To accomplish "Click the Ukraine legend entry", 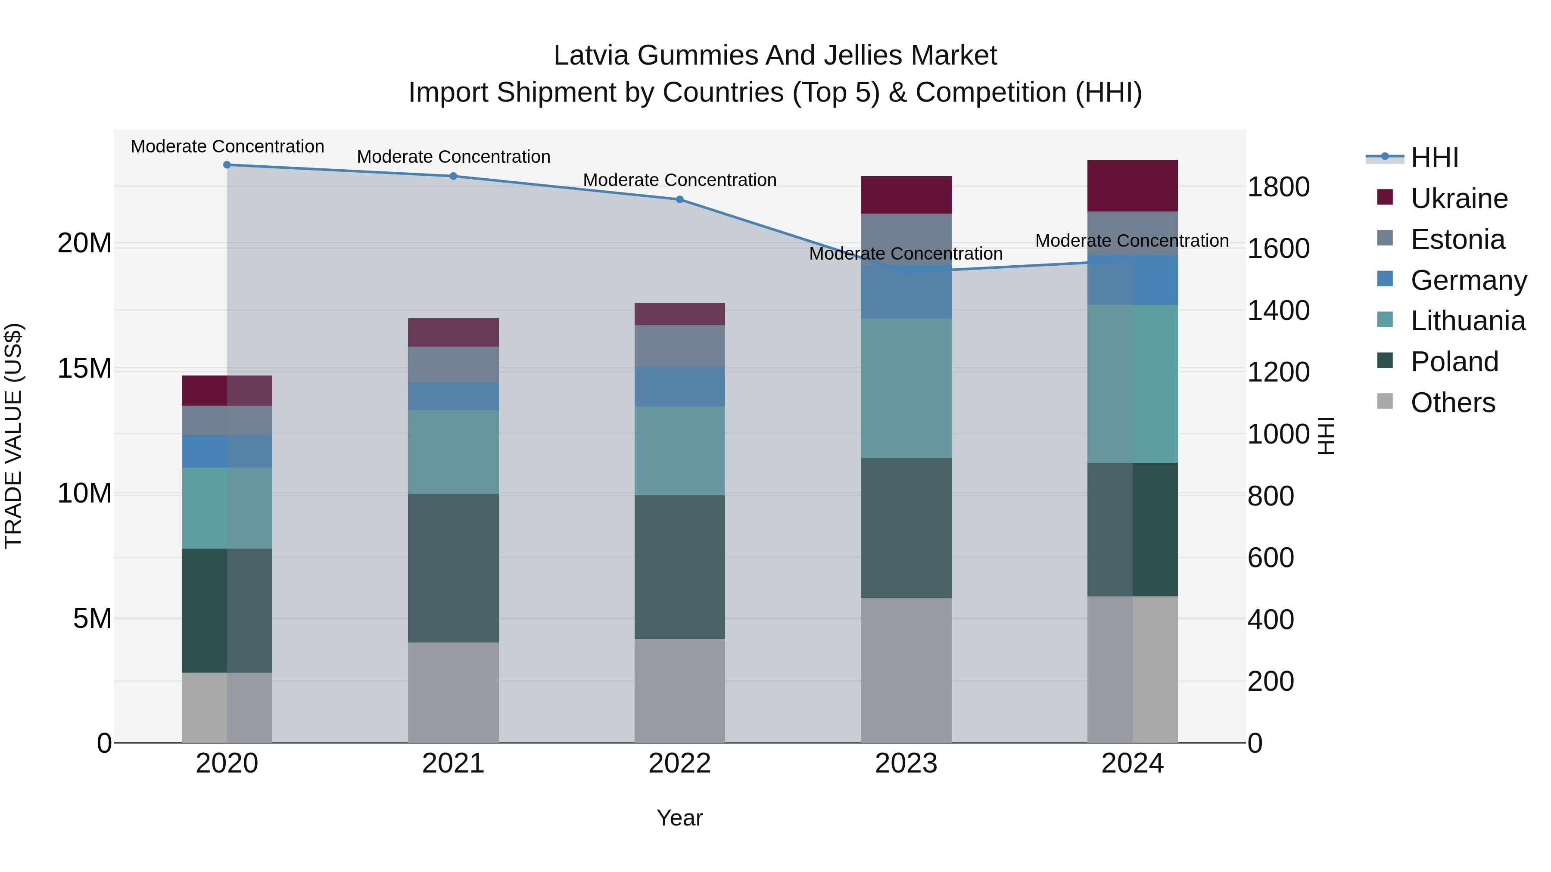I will (1458, 199).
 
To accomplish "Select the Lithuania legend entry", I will (1467, 321).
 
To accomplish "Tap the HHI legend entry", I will (1434, 158).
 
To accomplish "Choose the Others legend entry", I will (1452, 403).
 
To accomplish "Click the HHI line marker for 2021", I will (453, 176).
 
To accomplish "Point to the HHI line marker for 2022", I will (680, 199).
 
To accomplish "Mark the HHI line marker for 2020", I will (227, 165).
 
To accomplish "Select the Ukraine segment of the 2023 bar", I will (906, 195).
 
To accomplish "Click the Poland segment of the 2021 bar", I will (453, 568).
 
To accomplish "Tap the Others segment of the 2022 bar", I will (680, 691).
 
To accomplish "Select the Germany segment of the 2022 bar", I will (680, 386).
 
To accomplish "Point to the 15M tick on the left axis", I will (84, 368).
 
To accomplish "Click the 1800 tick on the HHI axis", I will (1278, 186).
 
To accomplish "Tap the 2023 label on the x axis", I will (906, 763).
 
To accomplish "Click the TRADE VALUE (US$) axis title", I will (13, 436).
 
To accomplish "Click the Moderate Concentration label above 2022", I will (680, 180).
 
